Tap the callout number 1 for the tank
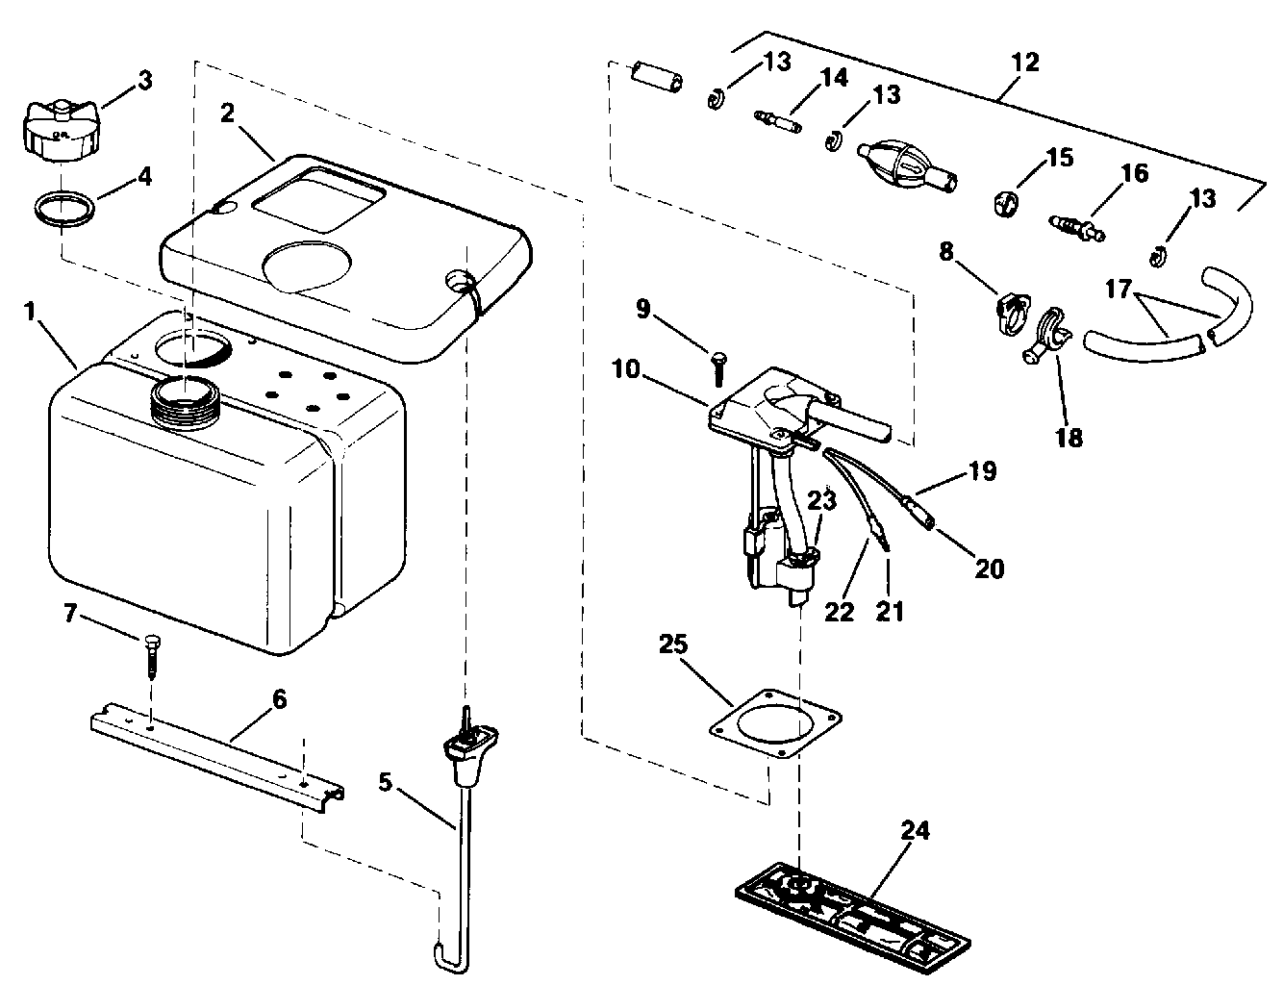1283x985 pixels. point(30,313)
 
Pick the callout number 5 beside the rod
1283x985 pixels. point(385,782)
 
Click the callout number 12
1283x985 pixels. point(1026,63)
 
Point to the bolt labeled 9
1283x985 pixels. point(718,366)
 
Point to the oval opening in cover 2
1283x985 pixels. point(307,261)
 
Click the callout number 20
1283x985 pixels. point(989,569)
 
